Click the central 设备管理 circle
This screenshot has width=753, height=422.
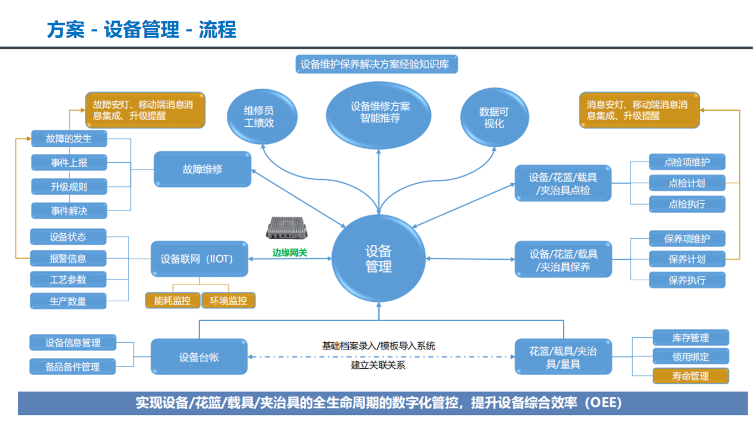(x=379, y=259)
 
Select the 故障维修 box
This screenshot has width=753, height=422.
(x=202, y=169)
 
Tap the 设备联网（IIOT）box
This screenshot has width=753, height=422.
(x=200, y=259)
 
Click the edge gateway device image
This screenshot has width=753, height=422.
(x=288, y=228)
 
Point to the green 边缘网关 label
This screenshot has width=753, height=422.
(x=289, y=253)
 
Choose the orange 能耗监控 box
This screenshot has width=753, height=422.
(x=172, y=300)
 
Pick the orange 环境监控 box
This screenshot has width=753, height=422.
(x=228, y=300)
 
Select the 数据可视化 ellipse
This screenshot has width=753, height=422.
(x=493, y=117)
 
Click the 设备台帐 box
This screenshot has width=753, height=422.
(x=199, y=357)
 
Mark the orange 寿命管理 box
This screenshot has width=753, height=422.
(x=690, y=376)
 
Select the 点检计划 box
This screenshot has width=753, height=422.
(x=686, y=183)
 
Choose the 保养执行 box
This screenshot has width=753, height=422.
(x=686, y=280)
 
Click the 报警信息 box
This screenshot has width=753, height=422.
(x=68, y=258)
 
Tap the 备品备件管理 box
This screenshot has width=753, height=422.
(x=73, y=367)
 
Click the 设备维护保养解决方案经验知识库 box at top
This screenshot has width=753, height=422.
(x=379, y=64)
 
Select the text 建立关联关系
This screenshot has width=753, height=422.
(x=378, y=365)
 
